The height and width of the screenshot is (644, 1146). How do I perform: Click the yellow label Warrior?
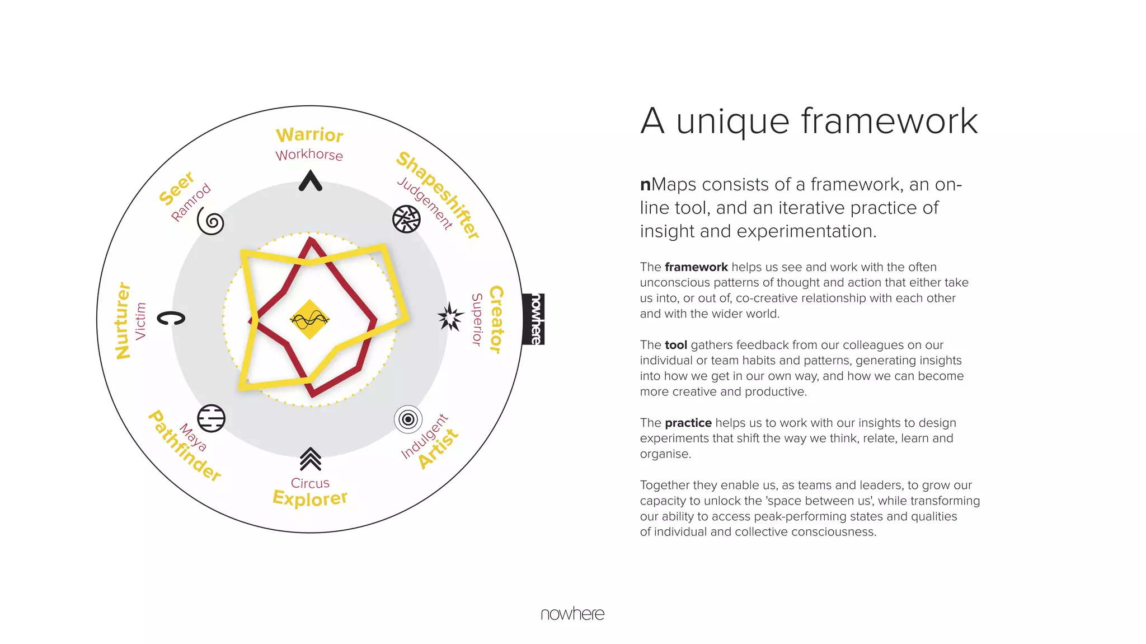pyautogui.click(x=309, y=135)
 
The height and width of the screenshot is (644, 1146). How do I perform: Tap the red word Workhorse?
pyautogui.click(x=309, y=155)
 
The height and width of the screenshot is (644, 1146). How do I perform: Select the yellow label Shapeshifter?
pyautogui.click(x=438, y=195)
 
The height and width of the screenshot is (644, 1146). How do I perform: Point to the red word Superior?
pyautogui.click(x=477, y=319)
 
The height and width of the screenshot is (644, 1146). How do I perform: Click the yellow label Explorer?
pyautogui.click(x=310, y=498)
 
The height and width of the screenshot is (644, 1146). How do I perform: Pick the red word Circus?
pyautogui.click(x=310, y=483)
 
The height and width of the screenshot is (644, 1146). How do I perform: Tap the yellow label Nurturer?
pyautogui.click(x=123, y=320)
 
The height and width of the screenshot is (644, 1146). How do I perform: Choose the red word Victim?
pyautogui.click(x=140, y=321)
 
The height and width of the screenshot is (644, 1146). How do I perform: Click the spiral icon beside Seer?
pyautogui.click(x=211, y=222)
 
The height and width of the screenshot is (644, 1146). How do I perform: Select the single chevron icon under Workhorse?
pyautogui.click(x=310, y=181)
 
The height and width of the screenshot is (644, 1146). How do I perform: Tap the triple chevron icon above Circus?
pyautogui.click(x=310, y=459)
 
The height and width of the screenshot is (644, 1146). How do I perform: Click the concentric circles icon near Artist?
pyautogui.click(x=408, y=419)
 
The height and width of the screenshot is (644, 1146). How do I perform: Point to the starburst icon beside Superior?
pyautogui.click(x=450, y=318)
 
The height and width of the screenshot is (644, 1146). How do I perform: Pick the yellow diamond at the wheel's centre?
pyautogui.click(x=309, y=320)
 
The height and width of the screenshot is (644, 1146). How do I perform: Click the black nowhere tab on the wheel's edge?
pyautogui.click(x=534, y=319)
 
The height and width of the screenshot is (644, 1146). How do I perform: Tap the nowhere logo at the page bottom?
pyautogui.click(x=572, y=614)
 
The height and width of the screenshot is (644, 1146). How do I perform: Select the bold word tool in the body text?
pyautogui.click(x=675, y=345)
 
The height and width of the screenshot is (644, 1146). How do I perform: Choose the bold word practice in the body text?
pyautogui.click(x=688, y=423)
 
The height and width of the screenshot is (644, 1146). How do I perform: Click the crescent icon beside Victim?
pyautogui.click(x=171, y=318)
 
